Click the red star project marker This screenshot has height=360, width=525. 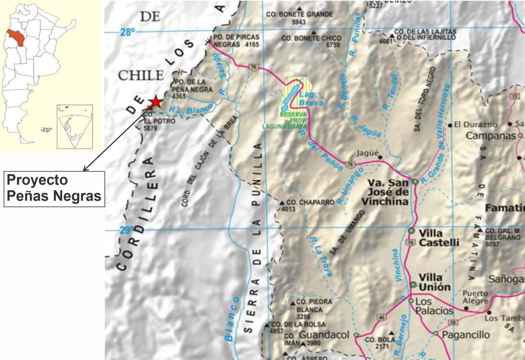(x=155, y=103)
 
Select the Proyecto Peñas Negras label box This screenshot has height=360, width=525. (x=54, y=188)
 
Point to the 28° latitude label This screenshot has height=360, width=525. (x=128, y=33)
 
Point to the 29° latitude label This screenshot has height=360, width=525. (x=125, y=230)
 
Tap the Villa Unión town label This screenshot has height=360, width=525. (x=435, y=282)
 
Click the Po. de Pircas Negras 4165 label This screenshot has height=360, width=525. (x=236, y=40)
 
